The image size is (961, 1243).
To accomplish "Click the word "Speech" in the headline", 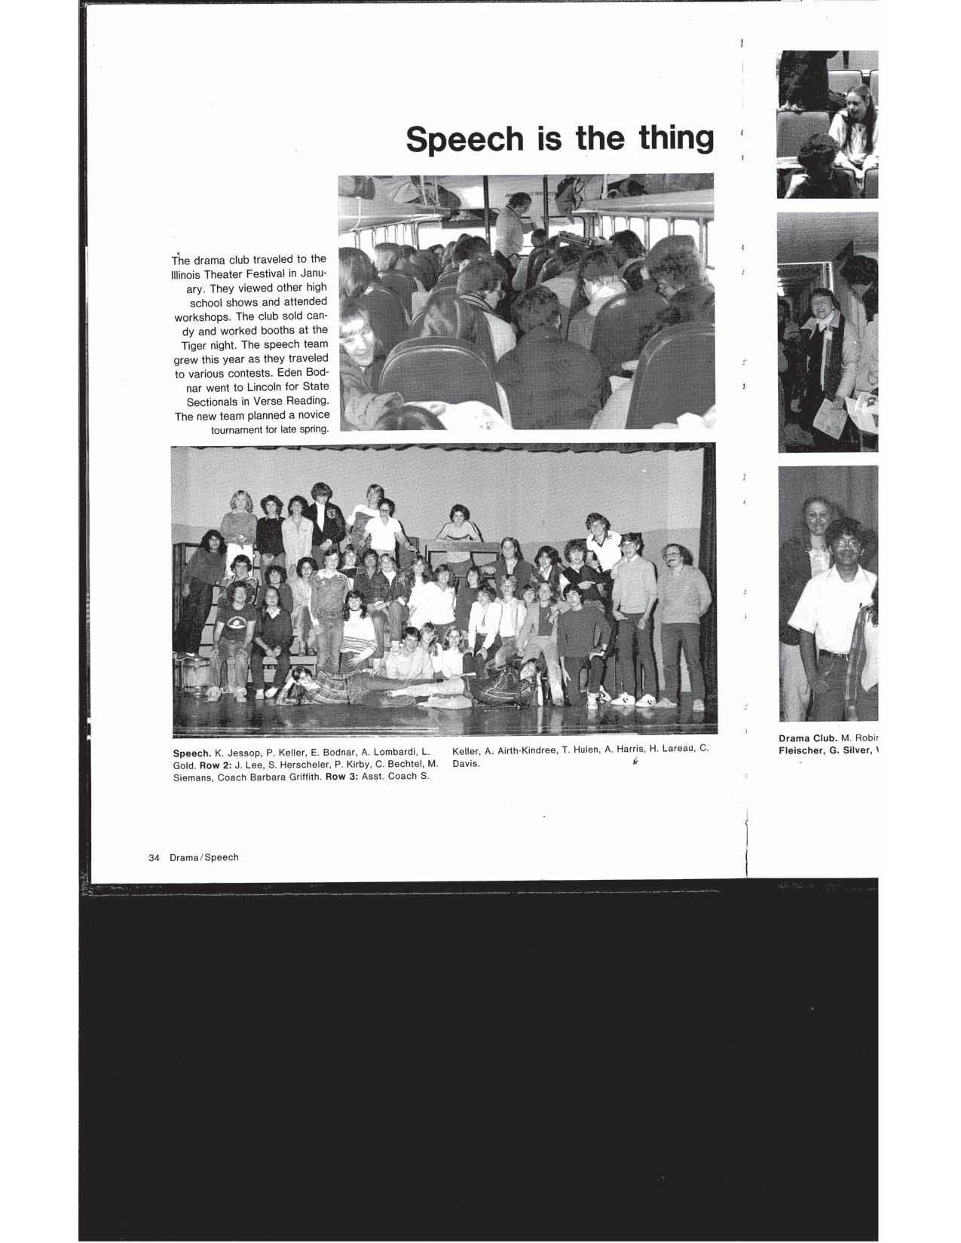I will point(465,139).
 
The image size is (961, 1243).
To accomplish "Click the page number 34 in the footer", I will point(155,857).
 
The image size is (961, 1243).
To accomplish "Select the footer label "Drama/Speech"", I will point(204,857).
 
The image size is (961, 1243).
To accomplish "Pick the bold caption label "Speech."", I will point(191,753).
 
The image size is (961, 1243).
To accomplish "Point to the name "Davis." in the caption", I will point(466,763).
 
